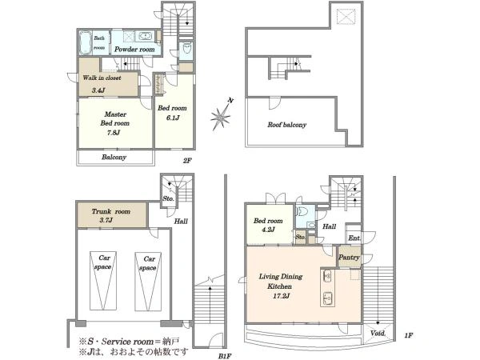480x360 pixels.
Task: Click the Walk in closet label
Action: [102, 78]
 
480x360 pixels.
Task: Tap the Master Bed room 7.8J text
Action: [114, 123]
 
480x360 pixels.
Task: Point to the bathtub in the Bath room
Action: [86, 42]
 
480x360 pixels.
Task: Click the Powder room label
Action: [134, 50]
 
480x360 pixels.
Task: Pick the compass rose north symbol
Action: [221, 116]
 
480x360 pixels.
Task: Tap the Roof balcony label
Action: [287, 125]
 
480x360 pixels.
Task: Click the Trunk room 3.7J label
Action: [111, 215]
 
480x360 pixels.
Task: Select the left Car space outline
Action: [103, 281]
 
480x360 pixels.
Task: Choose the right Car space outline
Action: [148, 282]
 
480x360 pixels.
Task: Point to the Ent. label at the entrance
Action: [354, 238]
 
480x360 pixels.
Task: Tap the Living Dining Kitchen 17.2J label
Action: [281, 286]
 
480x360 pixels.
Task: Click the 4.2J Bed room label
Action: [268, 225]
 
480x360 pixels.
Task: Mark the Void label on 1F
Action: [378, 333]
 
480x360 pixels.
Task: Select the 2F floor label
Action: [187, 160]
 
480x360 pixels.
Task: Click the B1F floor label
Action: [225, 356]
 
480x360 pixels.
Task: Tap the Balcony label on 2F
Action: [114, 157]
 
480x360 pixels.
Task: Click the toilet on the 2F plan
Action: [186, 48]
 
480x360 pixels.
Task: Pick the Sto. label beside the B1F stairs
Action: [168, 198]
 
